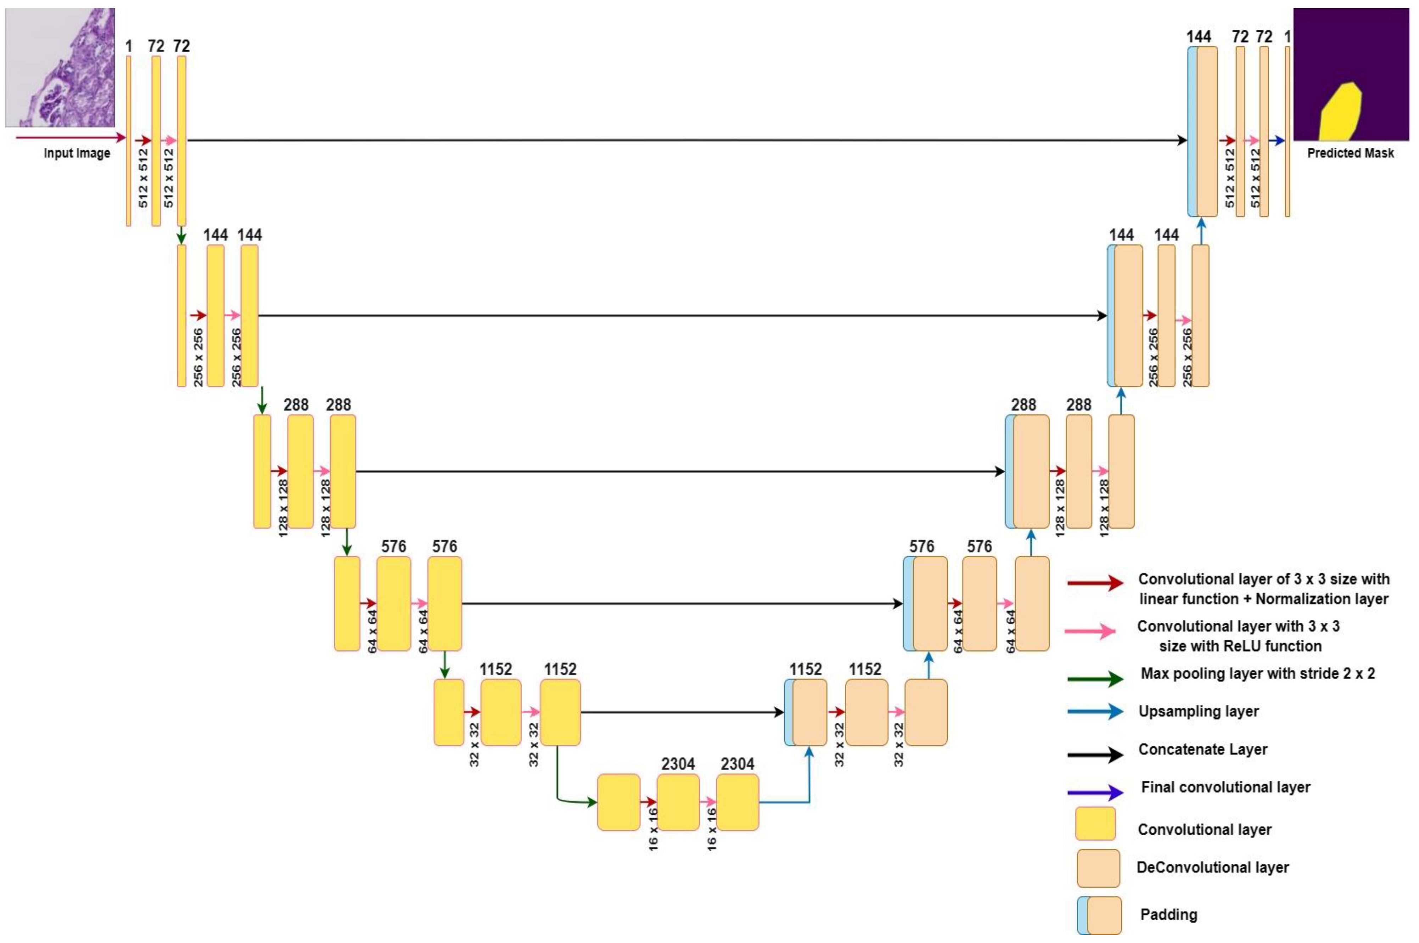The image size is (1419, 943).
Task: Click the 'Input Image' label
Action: click(x=77, y=153)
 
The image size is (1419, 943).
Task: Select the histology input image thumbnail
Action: click(x=60, y=67)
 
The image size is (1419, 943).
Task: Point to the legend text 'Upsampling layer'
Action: click(x=1198, y=711)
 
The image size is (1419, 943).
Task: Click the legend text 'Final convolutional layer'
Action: click(x=1225, y=787)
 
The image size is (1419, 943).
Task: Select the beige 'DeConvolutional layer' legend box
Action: click(x=1098, y=868)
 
